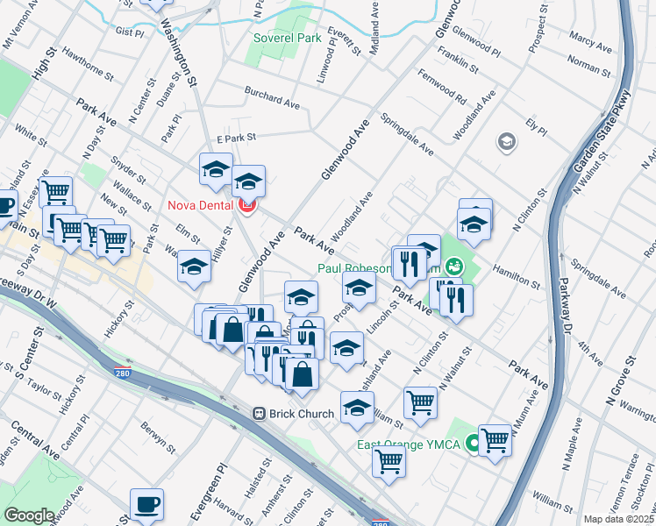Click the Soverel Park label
point(287,39)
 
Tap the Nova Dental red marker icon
point(246,205)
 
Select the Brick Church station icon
point(260,413)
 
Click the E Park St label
point(235,138)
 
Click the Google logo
point(29,515)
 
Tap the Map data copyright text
point(618,519)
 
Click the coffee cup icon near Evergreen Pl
point(146,504)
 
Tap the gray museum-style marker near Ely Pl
point(506,141)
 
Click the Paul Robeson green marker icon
point(453,265)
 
